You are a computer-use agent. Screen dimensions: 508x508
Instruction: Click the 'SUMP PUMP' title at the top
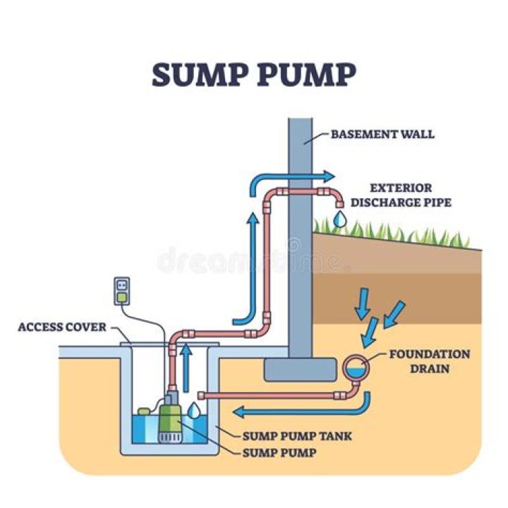pos(254,75)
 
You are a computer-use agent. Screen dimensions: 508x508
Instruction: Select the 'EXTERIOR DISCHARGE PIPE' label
pos(400,195)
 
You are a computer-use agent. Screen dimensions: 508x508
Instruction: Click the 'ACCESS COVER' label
pos(62,327)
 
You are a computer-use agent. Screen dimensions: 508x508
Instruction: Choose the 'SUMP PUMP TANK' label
pos(297,436)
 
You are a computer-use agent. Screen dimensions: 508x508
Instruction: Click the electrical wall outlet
pos(122,289)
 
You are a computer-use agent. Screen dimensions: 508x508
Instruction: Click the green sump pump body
pos(169,414)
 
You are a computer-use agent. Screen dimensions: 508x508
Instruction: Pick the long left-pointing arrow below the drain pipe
pos(296,409)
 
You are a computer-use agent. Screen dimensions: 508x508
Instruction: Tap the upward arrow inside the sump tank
pos(186,367)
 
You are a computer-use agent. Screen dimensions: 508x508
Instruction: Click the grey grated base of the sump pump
pos(169,437)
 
